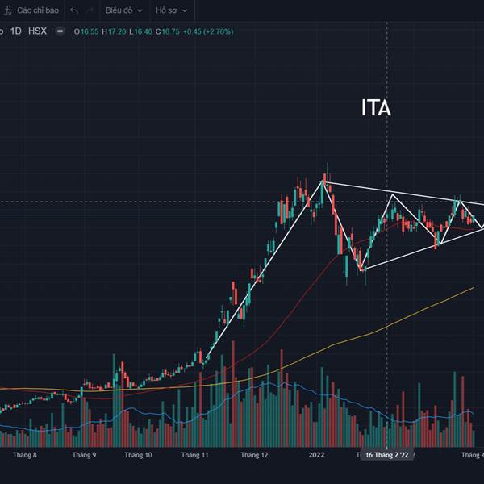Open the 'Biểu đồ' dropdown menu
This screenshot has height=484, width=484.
pyautogui.click(x=123, y=10)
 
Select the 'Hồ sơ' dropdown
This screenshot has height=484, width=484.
pyautogui.click(x=171, y=10)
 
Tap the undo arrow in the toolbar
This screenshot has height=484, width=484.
pyautogui.click(x=74, y=10)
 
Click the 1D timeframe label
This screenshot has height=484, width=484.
pyautogui.click(x=15, y=31)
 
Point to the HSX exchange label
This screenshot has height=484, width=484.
pyautogui.click(x=37, y=31)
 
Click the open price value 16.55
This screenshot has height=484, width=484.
pyautogui.click(x=89, y=31)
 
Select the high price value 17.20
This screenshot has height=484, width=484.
pyautogui.click(x=119, y=31)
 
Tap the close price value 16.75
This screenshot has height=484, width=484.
pyautogui.click(x=169, y=31)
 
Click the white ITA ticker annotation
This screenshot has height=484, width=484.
pyautogui.click(x=376, y=108)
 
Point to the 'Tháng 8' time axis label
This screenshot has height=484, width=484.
pyautogui.click(x=25, y=455)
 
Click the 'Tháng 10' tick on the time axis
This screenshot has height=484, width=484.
pyautogui.click(x=138, y=455)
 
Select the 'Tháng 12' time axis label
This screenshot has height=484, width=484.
pyautogui.click(x=254, y=455)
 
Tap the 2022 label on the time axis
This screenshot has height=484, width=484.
pyautogui.click(x=316, y=455)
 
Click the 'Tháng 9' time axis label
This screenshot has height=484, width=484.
pyautogui.click(x=84, y=455)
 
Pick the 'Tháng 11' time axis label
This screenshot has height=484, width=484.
pyautogui.click(x=195, y=455)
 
